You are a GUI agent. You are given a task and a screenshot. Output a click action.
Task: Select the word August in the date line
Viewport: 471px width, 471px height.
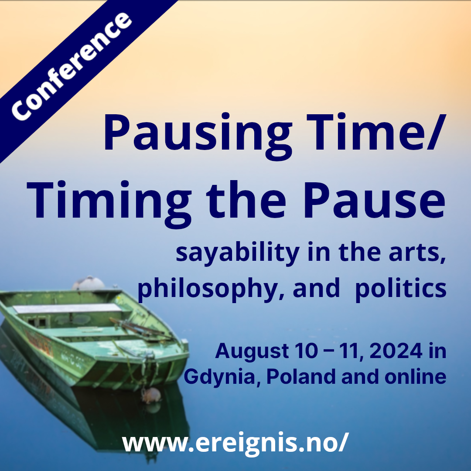coord(249,351)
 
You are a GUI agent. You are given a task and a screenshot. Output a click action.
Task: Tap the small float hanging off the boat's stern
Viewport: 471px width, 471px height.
coord(151,395)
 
